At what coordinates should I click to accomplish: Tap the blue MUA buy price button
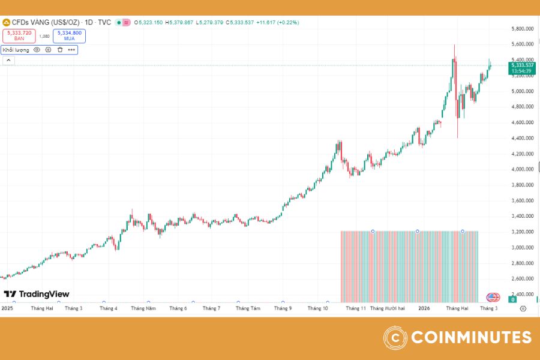[69, 35]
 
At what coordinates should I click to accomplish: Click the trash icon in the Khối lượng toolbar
[60, 50]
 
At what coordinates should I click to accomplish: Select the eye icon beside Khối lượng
[37, 50]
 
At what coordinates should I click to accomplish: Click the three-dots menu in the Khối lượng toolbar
[71, 50]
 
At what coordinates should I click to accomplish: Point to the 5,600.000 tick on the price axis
[522, 44]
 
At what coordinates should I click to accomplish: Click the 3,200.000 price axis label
[522, 232]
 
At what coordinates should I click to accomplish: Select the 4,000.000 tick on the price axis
[522, 169]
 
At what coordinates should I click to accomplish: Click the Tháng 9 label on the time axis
[283, 308]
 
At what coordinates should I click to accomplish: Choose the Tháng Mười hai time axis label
[388, 308]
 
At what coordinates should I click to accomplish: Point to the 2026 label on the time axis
[424, 308]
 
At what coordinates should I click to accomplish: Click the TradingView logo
[37, 294]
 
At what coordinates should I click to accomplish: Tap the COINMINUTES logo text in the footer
[470, 337]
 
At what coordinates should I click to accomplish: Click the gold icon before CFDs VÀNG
[7, 22]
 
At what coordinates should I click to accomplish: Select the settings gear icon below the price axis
[523, 308]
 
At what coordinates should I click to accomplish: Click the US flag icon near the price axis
[493, 297]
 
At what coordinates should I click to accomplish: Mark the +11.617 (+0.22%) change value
[277, 22]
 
